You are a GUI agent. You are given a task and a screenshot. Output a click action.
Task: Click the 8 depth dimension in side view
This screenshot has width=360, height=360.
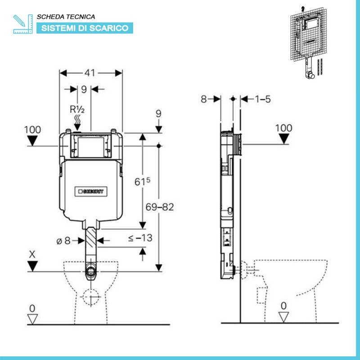203,99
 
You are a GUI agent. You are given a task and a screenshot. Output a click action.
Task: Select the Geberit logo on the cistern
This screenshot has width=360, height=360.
91,191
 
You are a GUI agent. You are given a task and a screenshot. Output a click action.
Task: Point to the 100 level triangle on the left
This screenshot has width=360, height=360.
33,141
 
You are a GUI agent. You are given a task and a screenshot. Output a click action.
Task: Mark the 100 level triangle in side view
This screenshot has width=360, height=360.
283,139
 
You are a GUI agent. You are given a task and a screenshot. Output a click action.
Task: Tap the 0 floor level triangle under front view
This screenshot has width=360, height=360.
32,319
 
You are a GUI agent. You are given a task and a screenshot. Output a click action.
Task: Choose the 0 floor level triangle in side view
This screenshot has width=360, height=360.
283,317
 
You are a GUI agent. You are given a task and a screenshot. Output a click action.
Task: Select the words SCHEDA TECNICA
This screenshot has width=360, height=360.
66,17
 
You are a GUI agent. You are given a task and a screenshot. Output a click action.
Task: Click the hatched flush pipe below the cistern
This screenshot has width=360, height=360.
91,240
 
